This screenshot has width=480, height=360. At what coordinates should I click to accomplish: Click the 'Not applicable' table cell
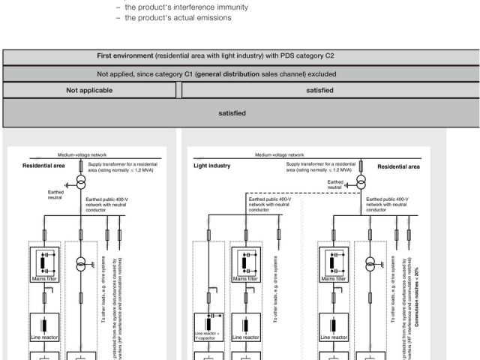pos(89,91)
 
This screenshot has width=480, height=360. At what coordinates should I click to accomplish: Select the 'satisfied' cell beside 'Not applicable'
pos(320,91)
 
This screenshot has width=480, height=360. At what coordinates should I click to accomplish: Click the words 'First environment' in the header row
pos(127,56)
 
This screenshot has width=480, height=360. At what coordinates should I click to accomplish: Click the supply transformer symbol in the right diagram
pos(361,183)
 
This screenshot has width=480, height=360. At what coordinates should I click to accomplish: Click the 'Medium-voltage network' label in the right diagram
pos(280,154)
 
